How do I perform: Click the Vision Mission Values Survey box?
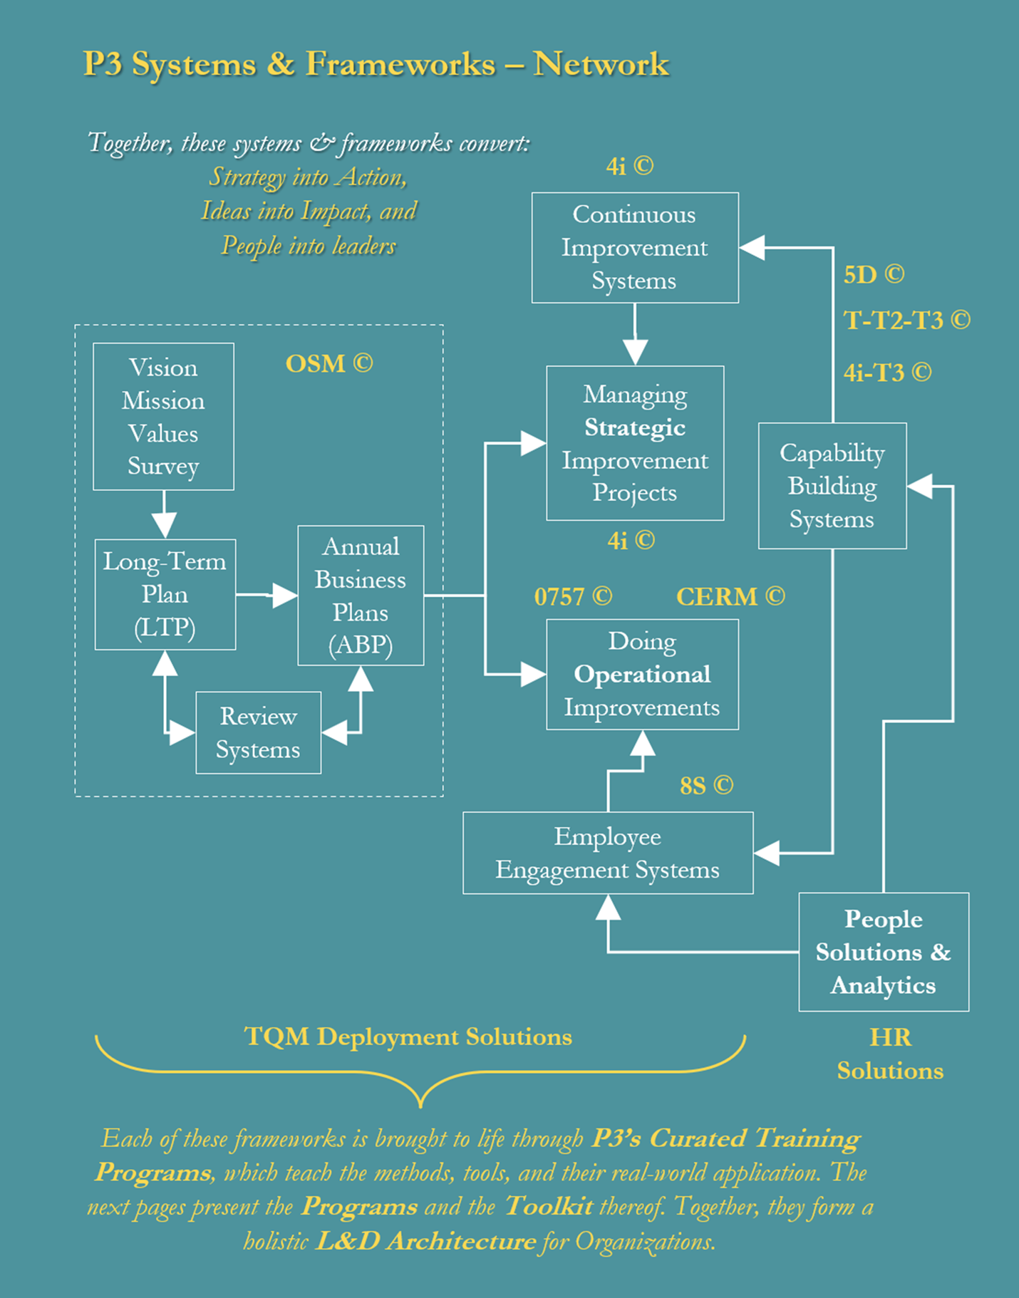pyautogui.click(x=163, y=417)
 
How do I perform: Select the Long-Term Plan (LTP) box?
pyautogui.click(x=165, y=594)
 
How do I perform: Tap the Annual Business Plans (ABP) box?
pyautogui.click(x=361, y=596)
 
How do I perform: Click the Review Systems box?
pyautogui.click(x=258, y=732)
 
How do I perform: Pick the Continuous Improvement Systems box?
pyautogui.click(x=634, y=247)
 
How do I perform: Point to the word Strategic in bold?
pyautogui.click(x=635, y=427)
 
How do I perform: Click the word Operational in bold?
pyautogui.click(x=642, y=675)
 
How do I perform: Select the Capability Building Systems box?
pyautogui.click(x=832, y=486)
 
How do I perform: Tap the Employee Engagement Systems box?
pyautogui.click(x=607, y=853)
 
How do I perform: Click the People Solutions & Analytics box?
pyautogui.click(x=883, y=952)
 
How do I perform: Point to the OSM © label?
pyautogui.click(x=329, y=364)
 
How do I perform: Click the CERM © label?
pyautogui.click(x=730, y=597)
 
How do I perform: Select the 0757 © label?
pyautogui.click(x=573, y=597)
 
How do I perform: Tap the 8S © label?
pyautogui.click(x=706, y=786)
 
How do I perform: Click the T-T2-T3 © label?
pyautogui.click(x=906, y=321)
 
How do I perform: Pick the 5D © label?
pyautogui.click(x=874, y=275)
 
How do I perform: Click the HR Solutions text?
pyautogui.click(x=890, y=1054)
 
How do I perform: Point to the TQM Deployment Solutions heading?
pyautogui.click(x=408, y=1037)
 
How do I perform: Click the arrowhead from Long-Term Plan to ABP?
pyautogui.click(x=285, y=595)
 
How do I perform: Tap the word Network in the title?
pyautogui.click(x=601, y=64)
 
